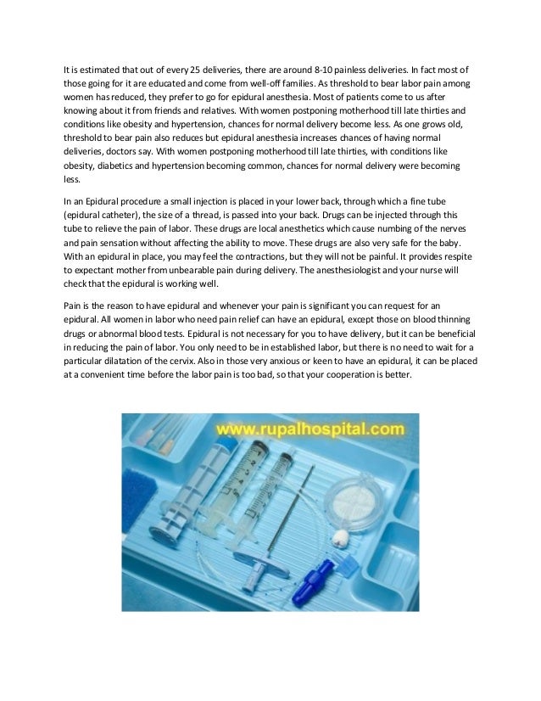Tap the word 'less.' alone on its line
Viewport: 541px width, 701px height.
pyautogui.click(x=74, y=180)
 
